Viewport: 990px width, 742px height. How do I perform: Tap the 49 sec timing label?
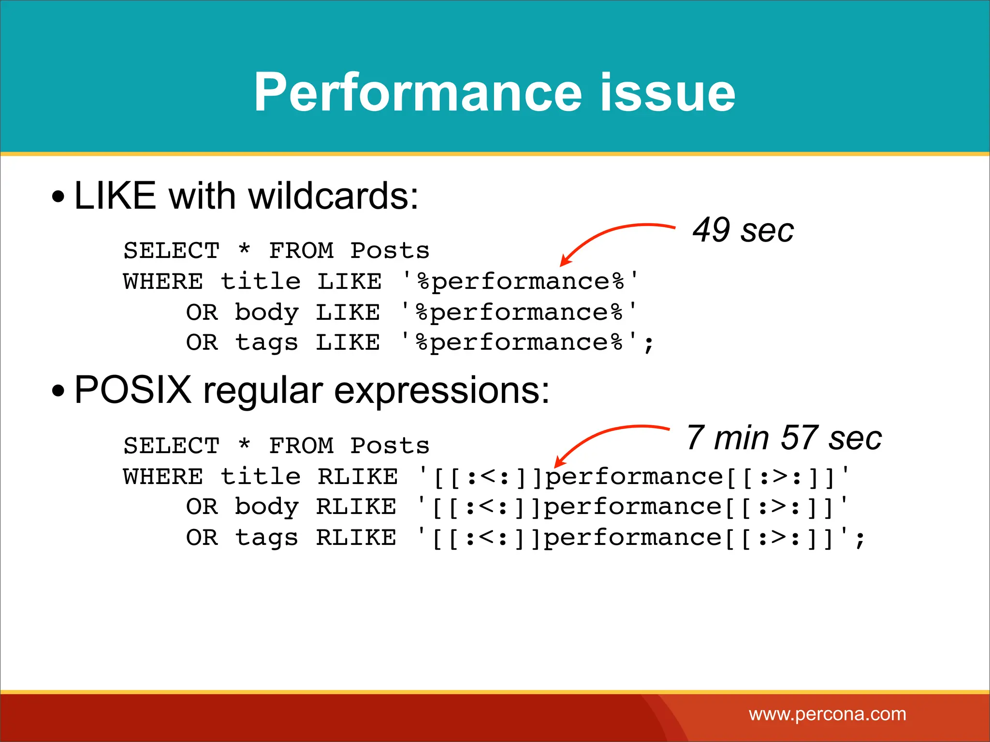click(743, 230)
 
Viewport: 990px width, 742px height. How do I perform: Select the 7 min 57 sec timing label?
click(784, 438)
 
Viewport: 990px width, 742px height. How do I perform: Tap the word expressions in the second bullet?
click(441, 390)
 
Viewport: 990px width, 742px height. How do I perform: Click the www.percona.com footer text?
click(827, 714)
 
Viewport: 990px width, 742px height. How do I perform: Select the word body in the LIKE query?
click(266, 313)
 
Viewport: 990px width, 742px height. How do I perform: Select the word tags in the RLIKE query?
click(266, 538)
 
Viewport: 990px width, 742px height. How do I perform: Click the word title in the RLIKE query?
click(261, 477)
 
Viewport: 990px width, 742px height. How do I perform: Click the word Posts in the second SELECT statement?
click(390, 446)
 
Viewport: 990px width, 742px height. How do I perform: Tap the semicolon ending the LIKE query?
click(649, 344)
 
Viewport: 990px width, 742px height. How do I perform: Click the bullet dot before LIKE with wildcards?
click(58, 197)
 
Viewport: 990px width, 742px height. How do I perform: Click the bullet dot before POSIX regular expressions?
click(58, 391)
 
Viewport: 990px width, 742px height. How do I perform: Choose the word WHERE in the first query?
click(163, 282)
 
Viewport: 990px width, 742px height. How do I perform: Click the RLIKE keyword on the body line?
click(356, 507)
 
